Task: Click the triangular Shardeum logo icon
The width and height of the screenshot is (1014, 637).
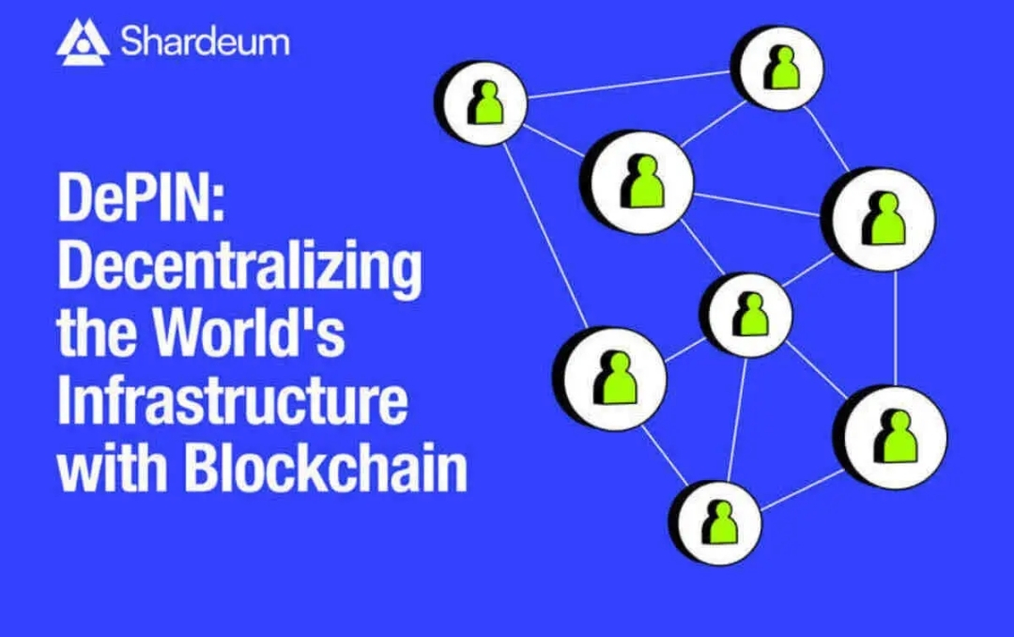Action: tap(83, 41)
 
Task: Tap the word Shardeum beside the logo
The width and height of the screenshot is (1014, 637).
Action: tap(205, 42)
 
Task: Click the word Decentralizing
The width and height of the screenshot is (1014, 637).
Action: tap(239, 269)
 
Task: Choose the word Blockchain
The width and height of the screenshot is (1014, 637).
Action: tap(325, 468)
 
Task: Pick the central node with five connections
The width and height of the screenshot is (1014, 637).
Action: tap(749, 314)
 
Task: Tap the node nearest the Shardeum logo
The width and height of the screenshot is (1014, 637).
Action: tap(482, 102)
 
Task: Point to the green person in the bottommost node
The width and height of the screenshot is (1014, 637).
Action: tap(720, 522)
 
